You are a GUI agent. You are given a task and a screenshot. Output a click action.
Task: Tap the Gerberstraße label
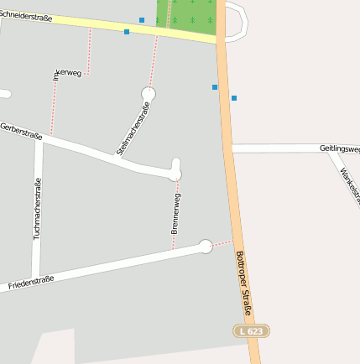pos(21,130)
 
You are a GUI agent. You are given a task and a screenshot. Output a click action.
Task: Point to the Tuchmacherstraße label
pos(37,210)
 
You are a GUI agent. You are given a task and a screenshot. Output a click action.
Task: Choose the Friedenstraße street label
pos(31,283)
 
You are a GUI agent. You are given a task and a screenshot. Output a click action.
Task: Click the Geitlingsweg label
pos(339,148)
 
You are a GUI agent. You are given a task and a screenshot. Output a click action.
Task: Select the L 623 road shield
pos(251,331)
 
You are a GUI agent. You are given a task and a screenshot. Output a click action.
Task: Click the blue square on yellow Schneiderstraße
pos(127,32)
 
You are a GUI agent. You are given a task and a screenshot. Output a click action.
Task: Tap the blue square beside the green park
pos(142,19)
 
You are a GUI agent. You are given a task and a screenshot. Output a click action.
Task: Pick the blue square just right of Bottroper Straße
pos(234,98)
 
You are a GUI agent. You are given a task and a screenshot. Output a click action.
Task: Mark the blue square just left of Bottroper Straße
pos(215,86)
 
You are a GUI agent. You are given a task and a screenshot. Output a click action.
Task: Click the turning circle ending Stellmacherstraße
pos(149,93)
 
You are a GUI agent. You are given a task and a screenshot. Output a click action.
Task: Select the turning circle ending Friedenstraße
pos(205,246)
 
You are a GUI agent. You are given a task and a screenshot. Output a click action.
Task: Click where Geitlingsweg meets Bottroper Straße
pos(228,148)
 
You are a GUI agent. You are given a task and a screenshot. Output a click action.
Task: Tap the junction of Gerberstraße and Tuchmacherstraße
pos(39,140)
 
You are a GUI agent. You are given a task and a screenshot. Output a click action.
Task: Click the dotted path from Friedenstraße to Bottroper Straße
pos(222,243)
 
